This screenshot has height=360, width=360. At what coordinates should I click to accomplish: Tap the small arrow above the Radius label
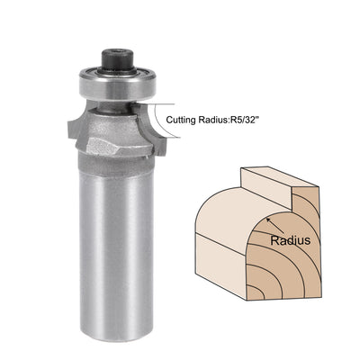(x=271, y=223)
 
